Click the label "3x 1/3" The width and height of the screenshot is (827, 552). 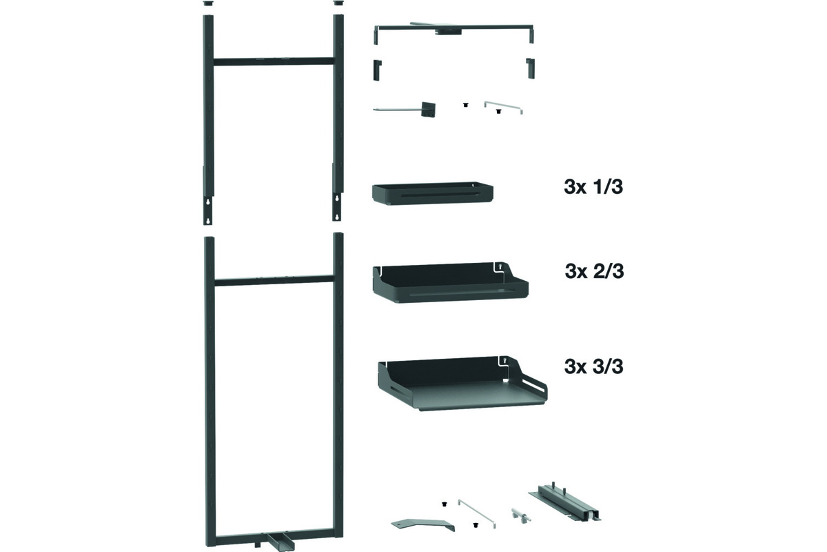(593, 187)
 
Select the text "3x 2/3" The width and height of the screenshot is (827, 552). (594, 271)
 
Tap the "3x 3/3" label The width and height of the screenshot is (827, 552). (593, 366)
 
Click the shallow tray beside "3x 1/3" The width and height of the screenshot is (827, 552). (432, 193)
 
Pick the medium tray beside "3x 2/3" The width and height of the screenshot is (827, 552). (451, 284)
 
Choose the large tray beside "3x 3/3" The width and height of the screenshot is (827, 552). (462, 384)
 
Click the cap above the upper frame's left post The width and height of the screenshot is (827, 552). (208, 3)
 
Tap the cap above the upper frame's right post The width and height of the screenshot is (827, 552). (338, 3)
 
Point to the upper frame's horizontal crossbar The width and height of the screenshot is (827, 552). (274, 61)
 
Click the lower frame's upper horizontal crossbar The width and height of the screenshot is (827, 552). (274, 281)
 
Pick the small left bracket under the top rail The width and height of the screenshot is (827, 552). (378, 70)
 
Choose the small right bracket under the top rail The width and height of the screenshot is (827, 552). (530, 68)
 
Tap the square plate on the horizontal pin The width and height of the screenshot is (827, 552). (429, 109)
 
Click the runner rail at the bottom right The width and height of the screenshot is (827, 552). (564, 503)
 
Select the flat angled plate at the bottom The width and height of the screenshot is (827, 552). (422, 524)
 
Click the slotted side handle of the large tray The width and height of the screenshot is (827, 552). (534, 388)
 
